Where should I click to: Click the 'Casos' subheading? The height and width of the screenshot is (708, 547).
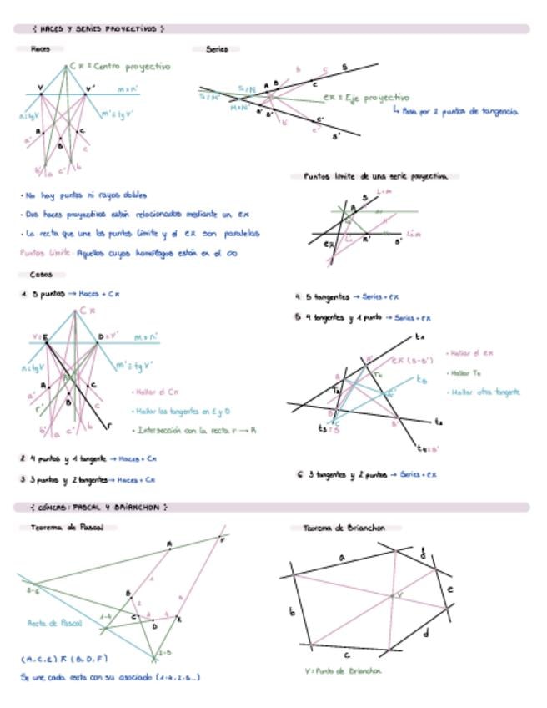41,274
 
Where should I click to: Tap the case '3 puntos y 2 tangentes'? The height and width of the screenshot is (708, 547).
88,479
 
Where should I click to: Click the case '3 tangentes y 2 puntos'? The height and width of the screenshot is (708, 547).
367,474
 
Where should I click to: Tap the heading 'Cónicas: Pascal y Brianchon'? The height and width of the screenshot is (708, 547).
98,507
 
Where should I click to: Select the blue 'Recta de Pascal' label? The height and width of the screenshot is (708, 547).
54,622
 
